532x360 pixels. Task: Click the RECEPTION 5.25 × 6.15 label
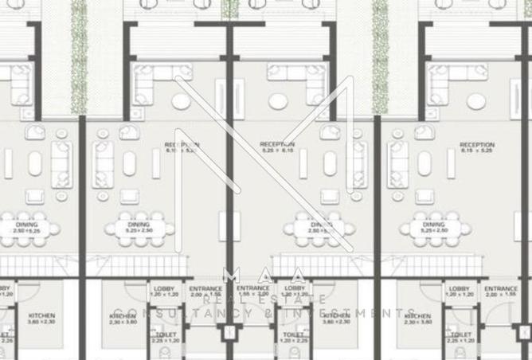pyautogui.click(x=277, y=147)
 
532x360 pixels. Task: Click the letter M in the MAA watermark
pyautogui.click(x=230, y=276)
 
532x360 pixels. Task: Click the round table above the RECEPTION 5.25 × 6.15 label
pyautogui.click(x=278, y=102)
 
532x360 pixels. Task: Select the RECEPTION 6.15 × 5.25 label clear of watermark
pyautogui.click(x=476, y=148)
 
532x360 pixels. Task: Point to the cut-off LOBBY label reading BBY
pyautogui.click(x=5, y=291)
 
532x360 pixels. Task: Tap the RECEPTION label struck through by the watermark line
pyautogui.click(x=182, y=147)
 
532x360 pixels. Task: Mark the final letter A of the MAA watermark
pyautogui.click(x=298, y=276)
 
